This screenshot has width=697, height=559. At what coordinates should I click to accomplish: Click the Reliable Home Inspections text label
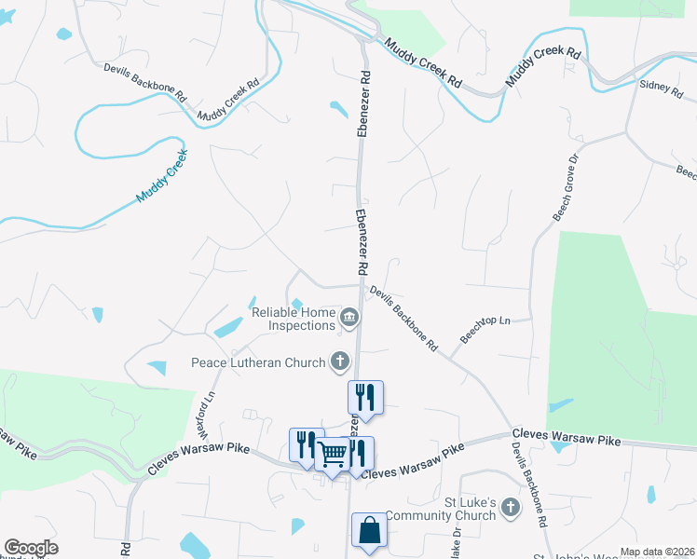tap(293, 320)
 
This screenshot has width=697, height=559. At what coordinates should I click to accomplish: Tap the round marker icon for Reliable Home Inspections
tap(349, 320)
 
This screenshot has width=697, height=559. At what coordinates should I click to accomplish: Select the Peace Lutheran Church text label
tap(258, 362)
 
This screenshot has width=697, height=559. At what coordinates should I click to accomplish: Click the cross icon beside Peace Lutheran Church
tap(340, 361)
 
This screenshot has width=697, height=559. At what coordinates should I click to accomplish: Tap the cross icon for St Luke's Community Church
tap(510, 508)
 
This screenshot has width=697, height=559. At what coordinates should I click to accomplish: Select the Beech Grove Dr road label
tap(566, 186)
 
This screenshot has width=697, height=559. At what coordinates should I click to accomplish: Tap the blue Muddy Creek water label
tap(162, 176)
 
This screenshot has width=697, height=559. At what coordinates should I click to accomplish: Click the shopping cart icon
tap(333, 454)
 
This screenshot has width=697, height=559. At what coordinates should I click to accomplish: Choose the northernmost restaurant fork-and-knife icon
tap(365, 397)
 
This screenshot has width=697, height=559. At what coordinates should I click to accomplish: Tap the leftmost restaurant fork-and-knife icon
tap(306, 444)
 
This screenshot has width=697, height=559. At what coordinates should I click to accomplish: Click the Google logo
tap(31, 548)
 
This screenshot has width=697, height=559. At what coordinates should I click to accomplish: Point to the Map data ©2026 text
tap(657, 552)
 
